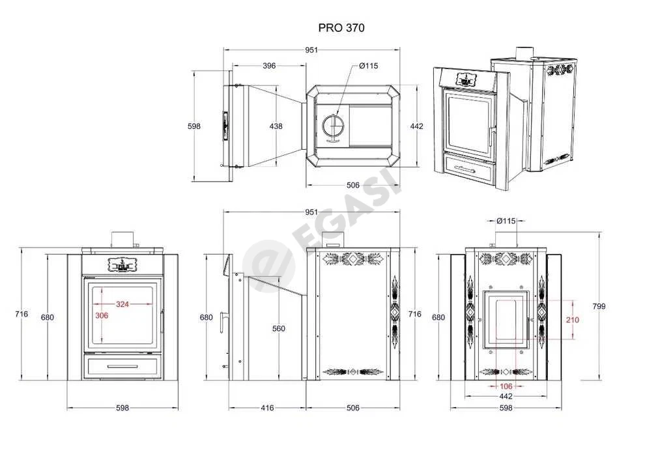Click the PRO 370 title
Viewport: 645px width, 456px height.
[341, 28]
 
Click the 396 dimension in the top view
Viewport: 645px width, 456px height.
[269, 65]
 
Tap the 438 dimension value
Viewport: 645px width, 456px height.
[276, 126]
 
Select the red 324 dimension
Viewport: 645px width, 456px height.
[122, 304]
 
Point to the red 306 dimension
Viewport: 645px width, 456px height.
[102, 315]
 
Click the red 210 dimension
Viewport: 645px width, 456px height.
[572, 319]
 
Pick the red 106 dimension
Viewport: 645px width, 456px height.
[506, 386]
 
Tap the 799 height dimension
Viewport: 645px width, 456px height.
[599, 306]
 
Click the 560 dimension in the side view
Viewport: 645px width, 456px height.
[278, 328]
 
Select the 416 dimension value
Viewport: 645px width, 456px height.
[267, 408]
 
